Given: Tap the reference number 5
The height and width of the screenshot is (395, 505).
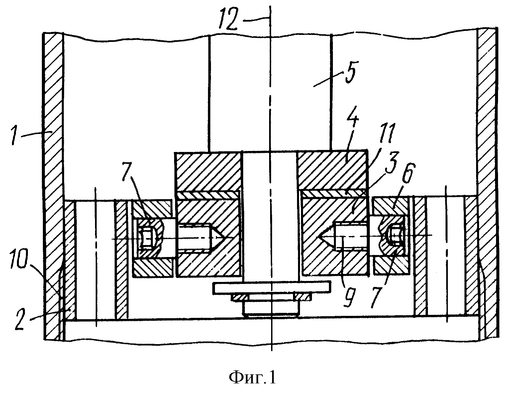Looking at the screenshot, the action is (x=351, y=72).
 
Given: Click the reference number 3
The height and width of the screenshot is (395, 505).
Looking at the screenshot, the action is (x=392, y=161).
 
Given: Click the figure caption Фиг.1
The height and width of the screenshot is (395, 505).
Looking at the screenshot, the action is (x=252, y=378).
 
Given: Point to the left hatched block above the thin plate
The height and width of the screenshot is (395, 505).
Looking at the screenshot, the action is (x=208, y=172).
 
